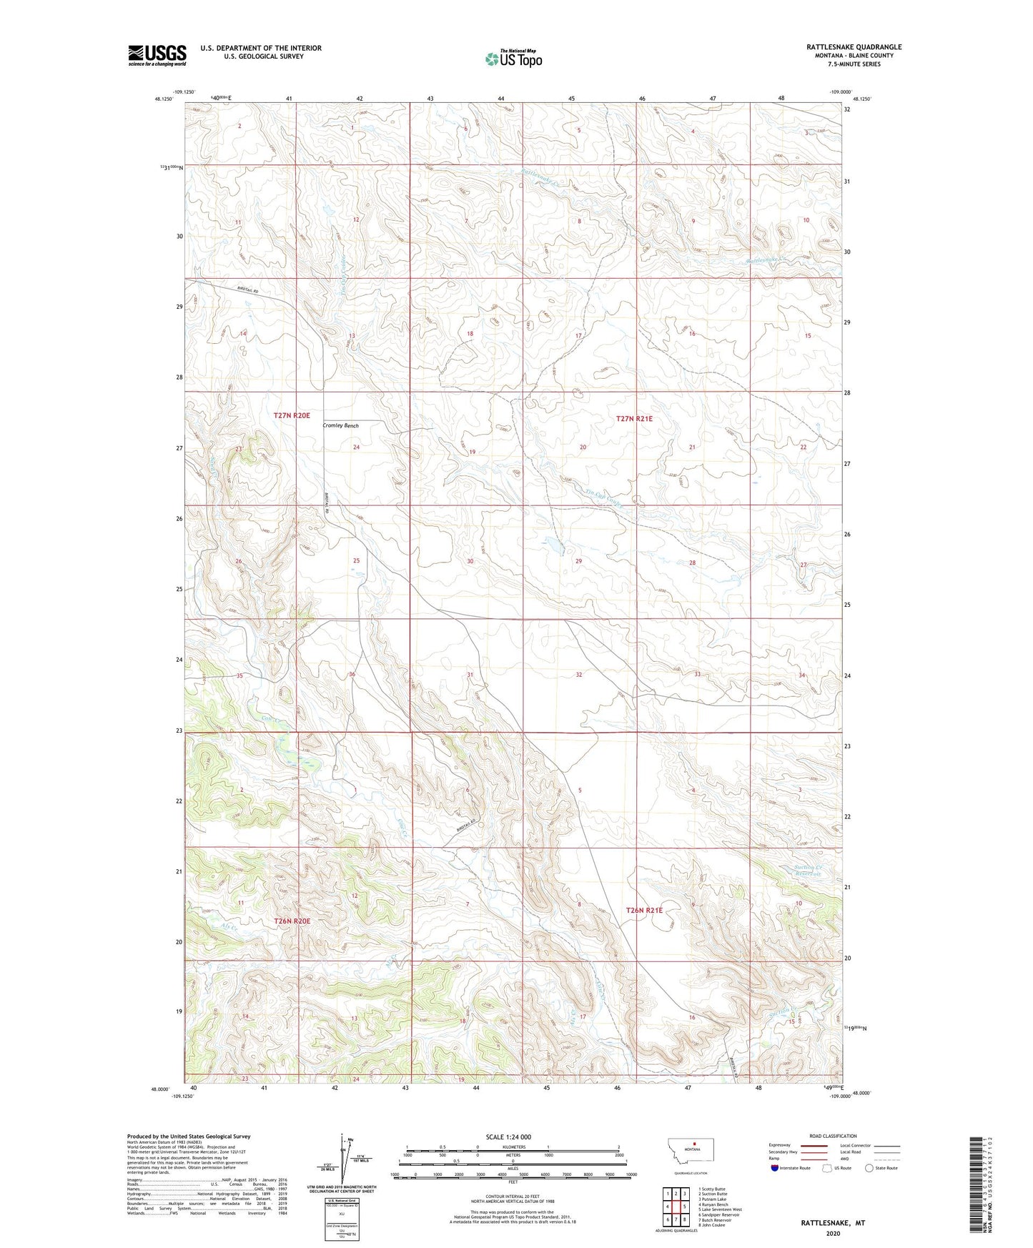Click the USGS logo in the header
[157, 54]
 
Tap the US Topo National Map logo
[513, 59]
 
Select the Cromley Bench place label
[340, 425]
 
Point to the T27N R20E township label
[292, 415]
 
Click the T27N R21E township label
[634, 420]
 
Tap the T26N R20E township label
[292, 921]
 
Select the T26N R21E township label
[644, 910]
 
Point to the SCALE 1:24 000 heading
[508, 1136]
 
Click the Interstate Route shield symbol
[775, 1168]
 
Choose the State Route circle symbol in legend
[869, 1168]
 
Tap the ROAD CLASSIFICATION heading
[833, 1136]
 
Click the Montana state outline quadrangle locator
[690, 1152]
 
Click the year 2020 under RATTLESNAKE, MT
[833, 1233]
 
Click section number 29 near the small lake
[578, 561]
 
